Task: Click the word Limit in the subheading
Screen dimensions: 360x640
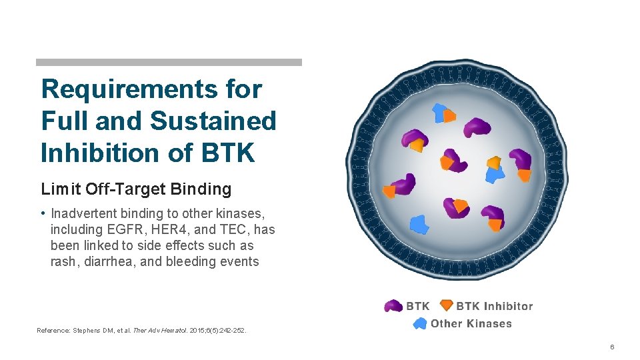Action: (61, 189)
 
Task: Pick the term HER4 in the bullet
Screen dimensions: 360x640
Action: (169, 229)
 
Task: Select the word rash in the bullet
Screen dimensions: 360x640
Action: (64, 261)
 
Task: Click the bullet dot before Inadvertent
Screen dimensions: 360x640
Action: (43, 213)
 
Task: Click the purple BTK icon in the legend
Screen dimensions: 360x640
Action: (394, 307)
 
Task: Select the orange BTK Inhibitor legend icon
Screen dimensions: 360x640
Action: (446, 306)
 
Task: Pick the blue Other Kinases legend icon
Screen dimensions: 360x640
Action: (419, 324)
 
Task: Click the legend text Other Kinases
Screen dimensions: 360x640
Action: (471, 324)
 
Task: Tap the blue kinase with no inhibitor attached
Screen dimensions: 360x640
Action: (418, 225)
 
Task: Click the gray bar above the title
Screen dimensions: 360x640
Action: (168, 62)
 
